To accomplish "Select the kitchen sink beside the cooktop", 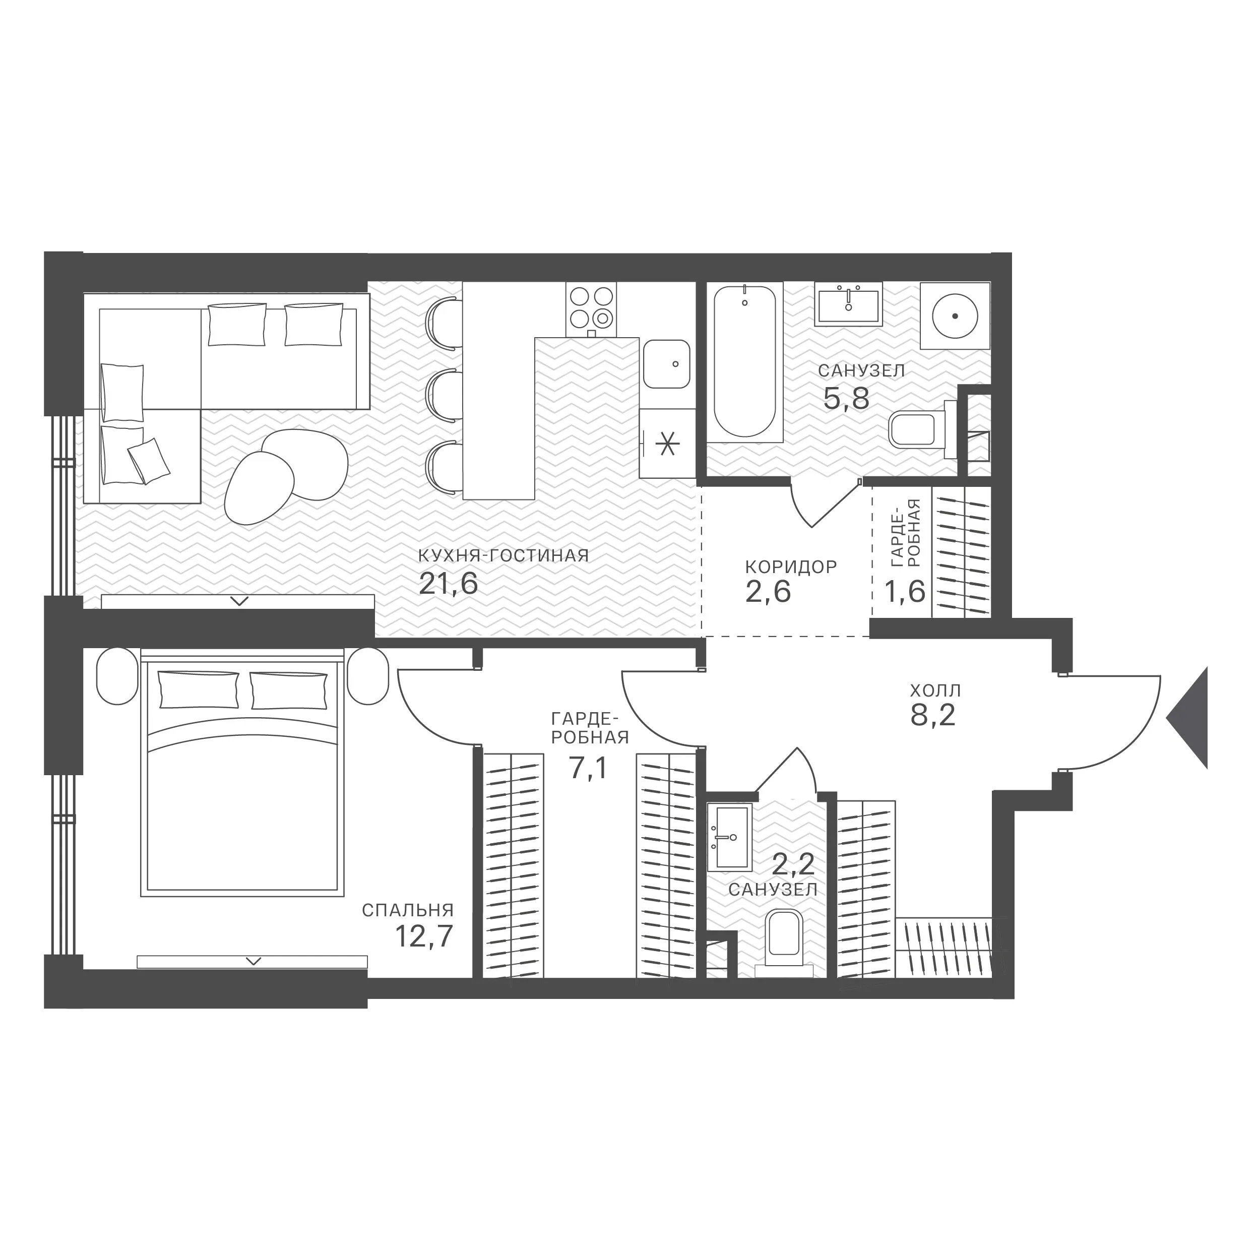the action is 666,364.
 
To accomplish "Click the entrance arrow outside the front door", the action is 1187,717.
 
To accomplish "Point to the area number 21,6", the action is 448,584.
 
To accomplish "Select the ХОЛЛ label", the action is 936,690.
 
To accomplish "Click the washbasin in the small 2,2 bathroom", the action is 729,837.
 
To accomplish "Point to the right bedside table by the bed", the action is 368,676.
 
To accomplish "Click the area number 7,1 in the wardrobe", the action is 588,768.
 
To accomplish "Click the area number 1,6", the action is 905,592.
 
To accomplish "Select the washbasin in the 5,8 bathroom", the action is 848,304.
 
